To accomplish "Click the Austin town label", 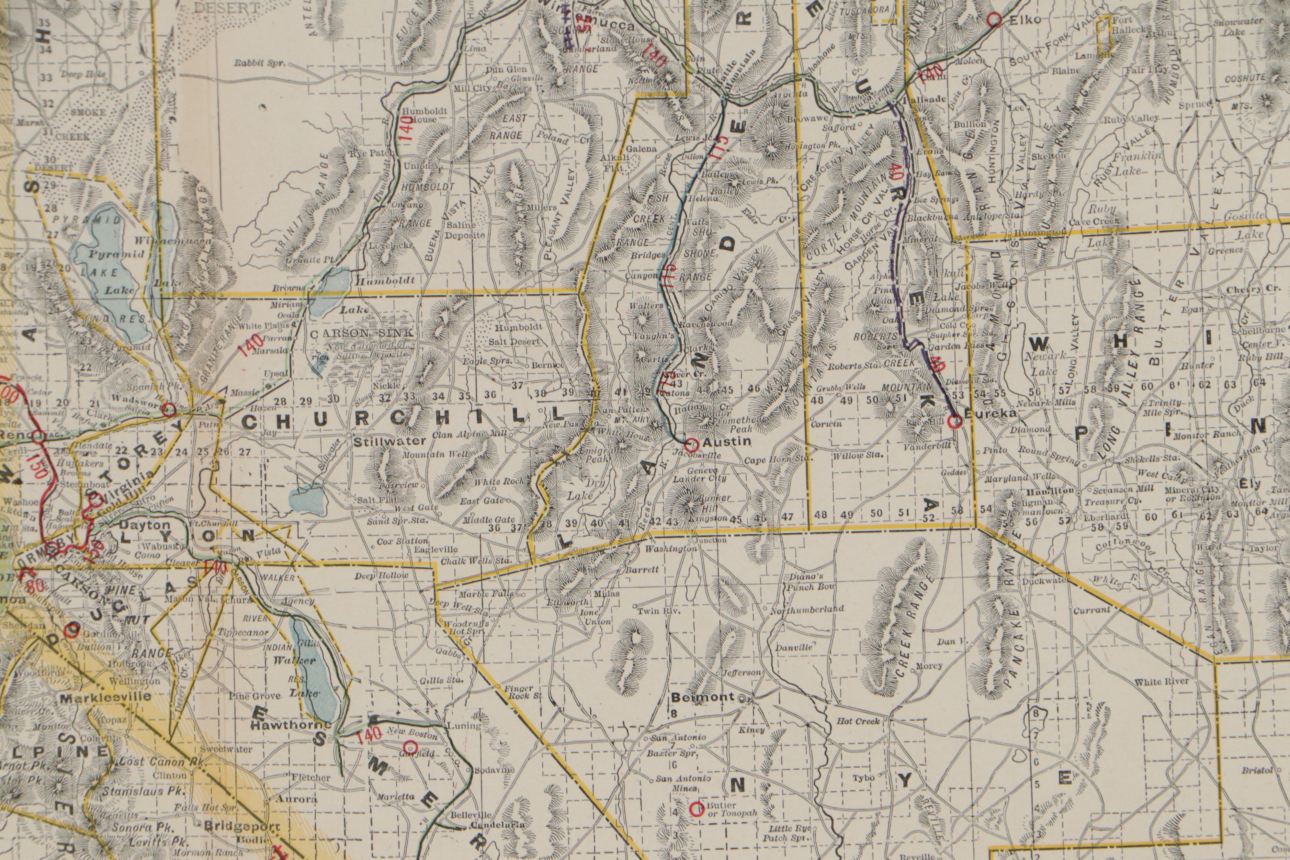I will [x=719, y=442].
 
